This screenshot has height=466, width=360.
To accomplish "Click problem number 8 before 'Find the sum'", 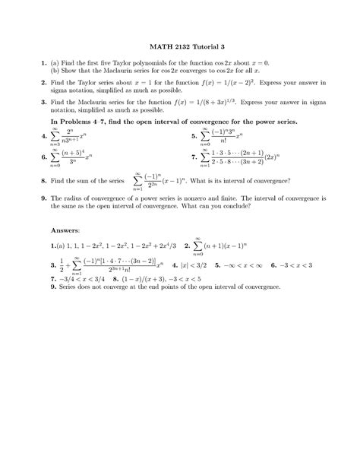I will point(45,182).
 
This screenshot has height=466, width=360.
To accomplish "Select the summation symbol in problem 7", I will point(209,159).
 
